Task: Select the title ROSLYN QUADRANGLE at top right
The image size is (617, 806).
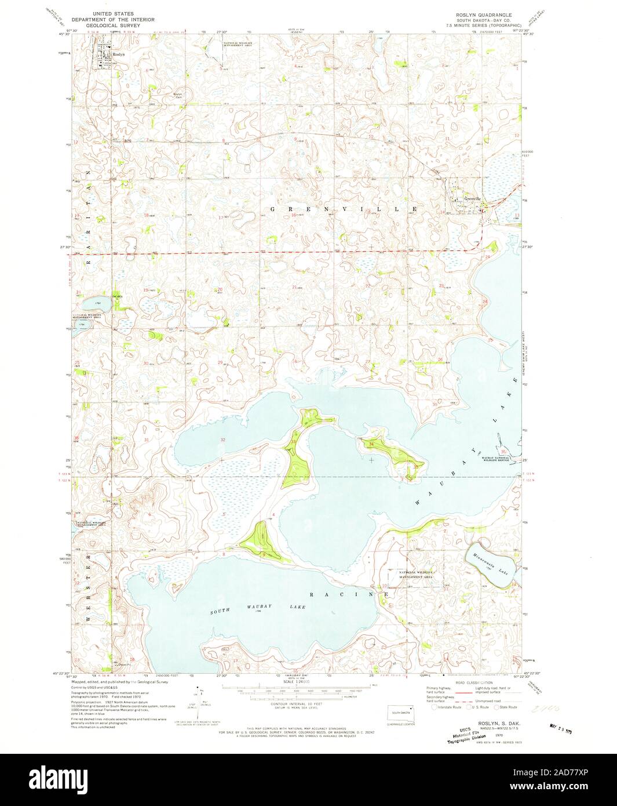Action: [484, 13]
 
